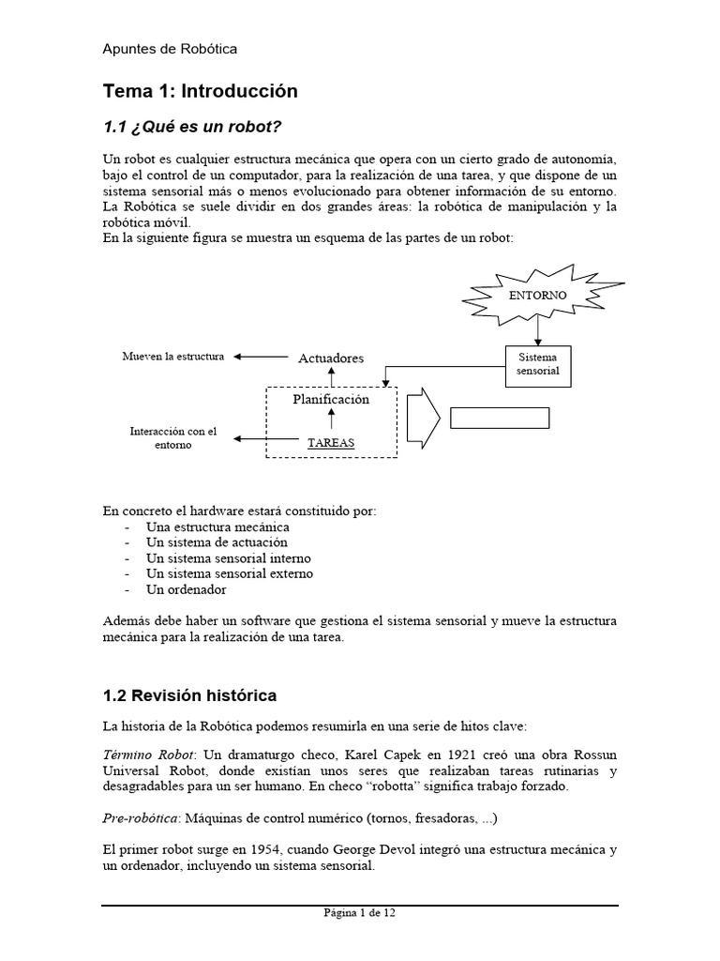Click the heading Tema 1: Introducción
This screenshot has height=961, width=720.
click(x=200, y=91)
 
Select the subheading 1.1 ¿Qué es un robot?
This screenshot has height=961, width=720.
click(x=192, y=126)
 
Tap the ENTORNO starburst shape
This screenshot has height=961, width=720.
click(x=537, y=294)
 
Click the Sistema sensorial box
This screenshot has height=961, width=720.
click(x=537, y=364)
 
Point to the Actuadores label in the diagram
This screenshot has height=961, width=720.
click(x=331, y=358)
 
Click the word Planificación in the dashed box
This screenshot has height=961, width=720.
click(x=331, y=399)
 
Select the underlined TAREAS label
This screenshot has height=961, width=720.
click(x=331, y=442)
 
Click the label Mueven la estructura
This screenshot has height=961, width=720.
click(x=173, y=357)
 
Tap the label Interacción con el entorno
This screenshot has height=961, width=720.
click(x=172, y=437)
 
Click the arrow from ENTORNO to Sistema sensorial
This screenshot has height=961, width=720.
click(x=537, y=330)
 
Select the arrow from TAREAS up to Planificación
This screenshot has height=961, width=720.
click(x=331, y=420)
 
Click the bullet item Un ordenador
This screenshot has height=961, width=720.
click(x=187, y=590)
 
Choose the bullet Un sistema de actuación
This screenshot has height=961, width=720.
click(x=217, y=542)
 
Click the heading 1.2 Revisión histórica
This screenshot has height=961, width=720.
click(x=189, y=695)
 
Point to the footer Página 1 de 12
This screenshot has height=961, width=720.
click(x=360, y=912)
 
